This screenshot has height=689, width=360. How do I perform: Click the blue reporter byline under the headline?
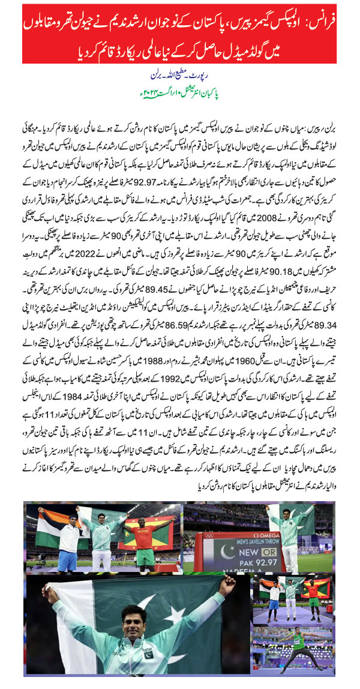pos(180,76)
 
